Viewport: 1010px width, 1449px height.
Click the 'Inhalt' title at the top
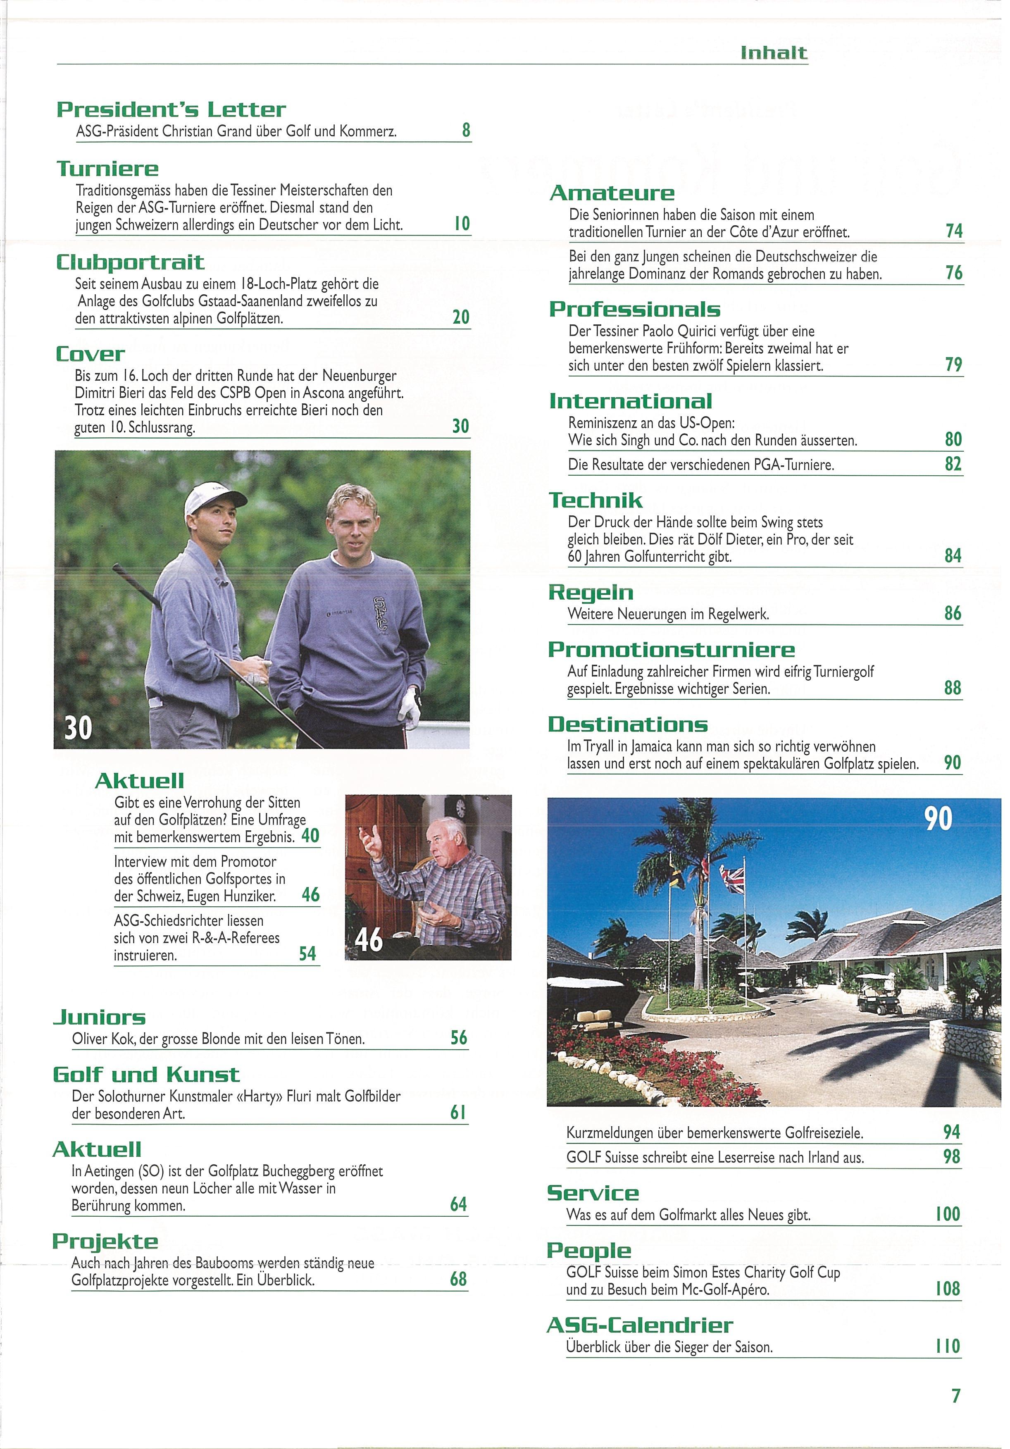coord(774,53)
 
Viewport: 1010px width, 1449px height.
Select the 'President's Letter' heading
coord(171,110)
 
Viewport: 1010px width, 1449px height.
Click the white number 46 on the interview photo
coord(369,940)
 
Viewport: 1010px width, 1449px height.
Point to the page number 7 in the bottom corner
coord(956,1396)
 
